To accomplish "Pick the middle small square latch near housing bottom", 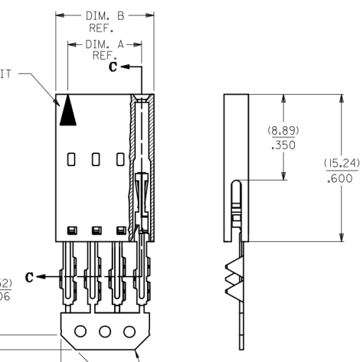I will point(95,230).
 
